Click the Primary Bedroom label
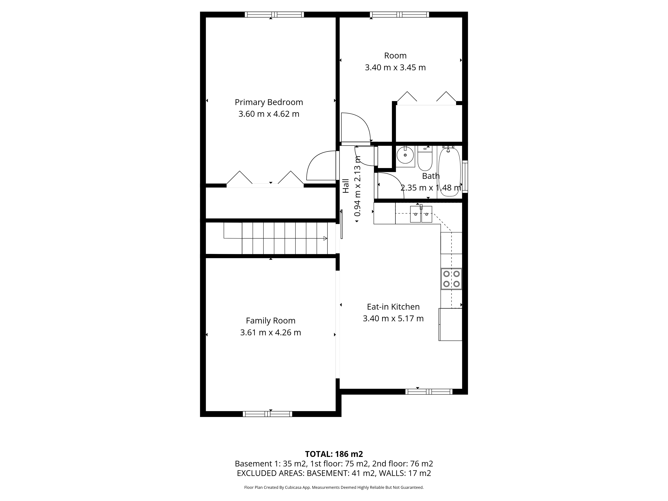[x=269, y=102]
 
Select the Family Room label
[x=271, y=321]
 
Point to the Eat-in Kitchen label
[x=393, y=307]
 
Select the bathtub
[x=449, y=172]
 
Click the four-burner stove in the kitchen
[x=451, y=279]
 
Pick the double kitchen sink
[x=421, y=214]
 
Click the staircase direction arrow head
[x=325, y=238]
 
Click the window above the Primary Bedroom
[x=274, y=15]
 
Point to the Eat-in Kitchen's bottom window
[x=429, y=392]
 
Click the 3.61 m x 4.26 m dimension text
[x=271, y=332]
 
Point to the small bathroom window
[x=465, y=176]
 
